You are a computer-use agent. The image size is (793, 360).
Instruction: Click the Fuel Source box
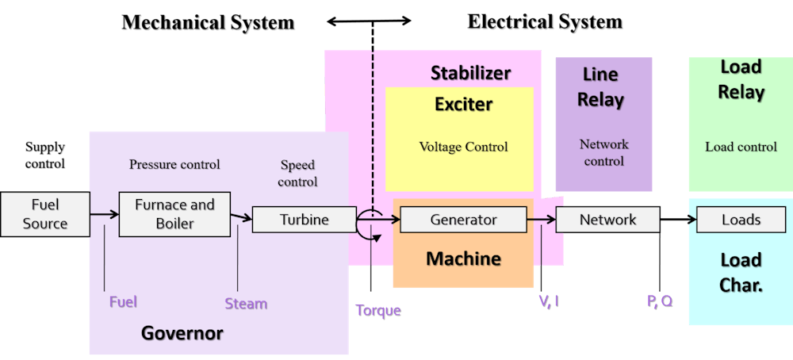[45, 214]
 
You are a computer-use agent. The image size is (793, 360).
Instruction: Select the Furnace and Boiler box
[174, 214]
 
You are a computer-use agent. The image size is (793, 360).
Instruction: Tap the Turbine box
[304, 220]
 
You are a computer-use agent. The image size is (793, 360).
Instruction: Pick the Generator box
[463, 220]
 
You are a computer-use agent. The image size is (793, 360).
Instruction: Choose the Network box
[607, 220]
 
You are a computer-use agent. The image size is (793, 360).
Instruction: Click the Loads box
[741, 220]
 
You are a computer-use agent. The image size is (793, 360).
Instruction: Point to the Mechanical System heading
[209, 23]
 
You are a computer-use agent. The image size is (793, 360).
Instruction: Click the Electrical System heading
[545, 22]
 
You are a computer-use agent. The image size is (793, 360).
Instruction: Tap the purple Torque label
[377, 310]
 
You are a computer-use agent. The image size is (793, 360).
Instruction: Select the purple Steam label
[246, 304]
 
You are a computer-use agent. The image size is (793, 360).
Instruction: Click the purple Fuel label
[123, 301]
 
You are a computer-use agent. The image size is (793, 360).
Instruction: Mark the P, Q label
[659, 301]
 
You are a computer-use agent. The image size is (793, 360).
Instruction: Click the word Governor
[182, 333]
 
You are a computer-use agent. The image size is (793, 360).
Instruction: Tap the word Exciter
[463, 104]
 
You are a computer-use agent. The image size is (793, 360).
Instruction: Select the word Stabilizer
[470, 74]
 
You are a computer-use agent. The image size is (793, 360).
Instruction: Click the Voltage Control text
[463, 147]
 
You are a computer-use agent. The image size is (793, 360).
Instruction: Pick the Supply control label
[45, 155]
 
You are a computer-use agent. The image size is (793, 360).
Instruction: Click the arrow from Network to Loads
[678, 220]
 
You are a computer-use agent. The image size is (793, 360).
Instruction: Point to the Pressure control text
[174, 165]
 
